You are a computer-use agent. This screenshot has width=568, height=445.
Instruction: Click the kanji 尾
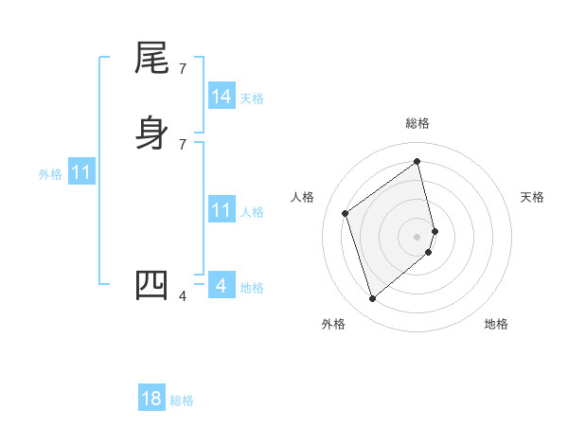pos(151,60)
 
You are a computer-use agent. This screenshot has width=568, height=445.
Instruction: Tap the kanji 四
pos(151,285)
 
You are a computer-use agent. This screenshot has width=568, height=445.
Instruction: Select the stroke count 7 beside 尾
pos(183,69)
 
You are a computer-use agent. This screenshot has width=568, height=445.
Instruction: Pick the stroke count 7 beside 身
pos(183,144)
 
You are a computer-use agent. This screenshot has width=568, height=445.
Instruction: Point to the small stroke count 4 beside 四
pos(183,296)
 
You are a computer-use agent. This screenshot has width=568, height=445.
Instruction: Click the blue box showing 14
pos(222,97)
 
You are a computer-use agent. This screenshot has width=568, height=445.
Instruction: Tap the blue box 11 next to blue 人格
pos(222,210)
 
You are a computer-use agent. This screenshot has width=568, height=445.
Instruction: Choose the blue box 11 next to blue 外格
pos(81,173)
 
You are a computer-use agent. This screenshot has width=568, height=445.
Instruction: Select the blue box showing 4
pos(222,285)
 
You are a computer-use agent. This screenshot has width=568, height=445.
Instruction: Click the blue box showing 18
pos(151,399)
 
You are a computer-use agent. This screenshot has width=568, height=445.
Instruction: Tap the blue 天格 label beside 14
pos(252,98)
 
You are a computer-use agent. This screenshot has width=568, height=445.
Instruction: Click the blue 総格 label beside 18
pos(182,400)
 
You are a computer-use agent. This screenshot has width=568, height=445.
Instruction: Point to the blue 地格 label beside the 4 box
pos(252,287)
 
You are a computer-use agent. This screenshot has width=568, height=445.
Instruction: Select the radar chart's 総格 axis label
pos(417,123)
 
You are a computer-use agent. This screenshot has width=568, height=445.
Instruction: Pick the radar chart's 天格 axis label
pos(532,197)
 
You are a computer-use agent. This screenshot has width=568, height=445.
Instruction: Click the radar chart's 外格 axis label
pos(333,324)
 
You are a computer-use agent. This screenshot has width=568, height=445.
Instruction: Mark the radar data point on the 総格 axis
pos(417,161)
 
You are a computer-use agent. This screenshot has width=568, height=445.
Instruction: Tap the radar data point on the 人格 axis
pos(346,213)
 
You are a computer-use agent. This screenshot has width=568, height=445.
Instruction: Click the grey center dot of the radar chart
pos(417,236)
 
